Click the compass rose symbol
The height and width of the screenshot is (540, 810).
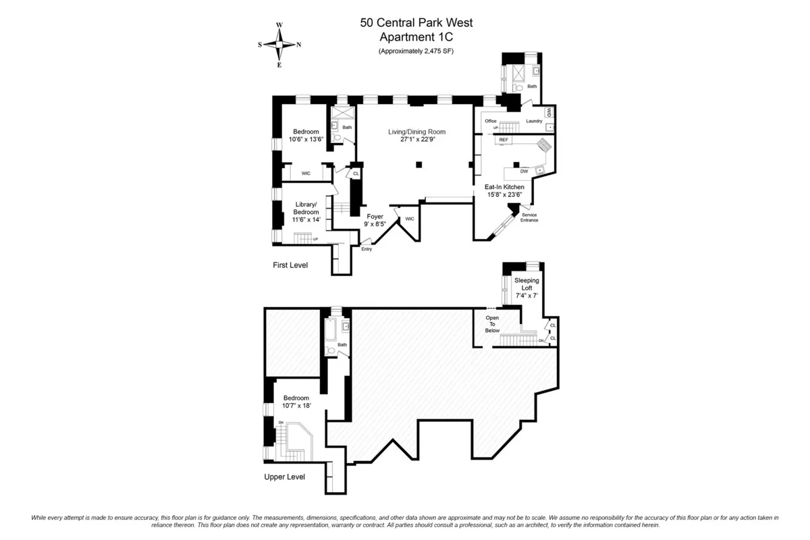[279, 45]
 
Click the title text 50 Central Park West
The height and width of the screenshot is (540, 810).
[416, 22]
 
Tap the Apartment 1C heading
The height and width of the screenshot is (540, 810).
[416, 37]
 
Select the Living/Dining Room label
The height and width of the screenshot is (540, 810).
[416, 132]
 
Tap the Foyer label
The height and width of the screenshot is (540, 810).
[375, 216]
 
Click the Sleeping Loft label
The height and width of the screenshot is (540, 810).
[526, 283]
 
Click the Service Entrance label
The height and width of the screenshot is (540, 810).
[530, 217]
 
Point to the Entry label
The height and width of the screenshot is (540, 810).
[367, 249]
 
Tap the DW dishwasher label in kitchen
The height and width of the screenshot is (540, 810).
[524, 171]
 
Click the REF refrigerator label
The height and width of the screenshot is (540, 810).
[504, 140]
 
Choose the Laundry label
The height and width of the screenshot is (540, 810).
[534, 122]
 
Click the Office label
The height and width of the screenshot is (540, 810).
[491, 122]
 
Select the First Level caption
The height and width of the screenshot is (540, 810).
[290, 265]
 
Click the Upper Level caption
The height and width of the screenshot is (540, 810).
[284, 477]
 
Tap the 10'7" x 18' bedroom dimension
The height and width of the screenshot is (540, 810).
[296, 406]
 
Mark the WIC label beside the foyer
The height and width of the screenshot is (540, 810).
[409, 219]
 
